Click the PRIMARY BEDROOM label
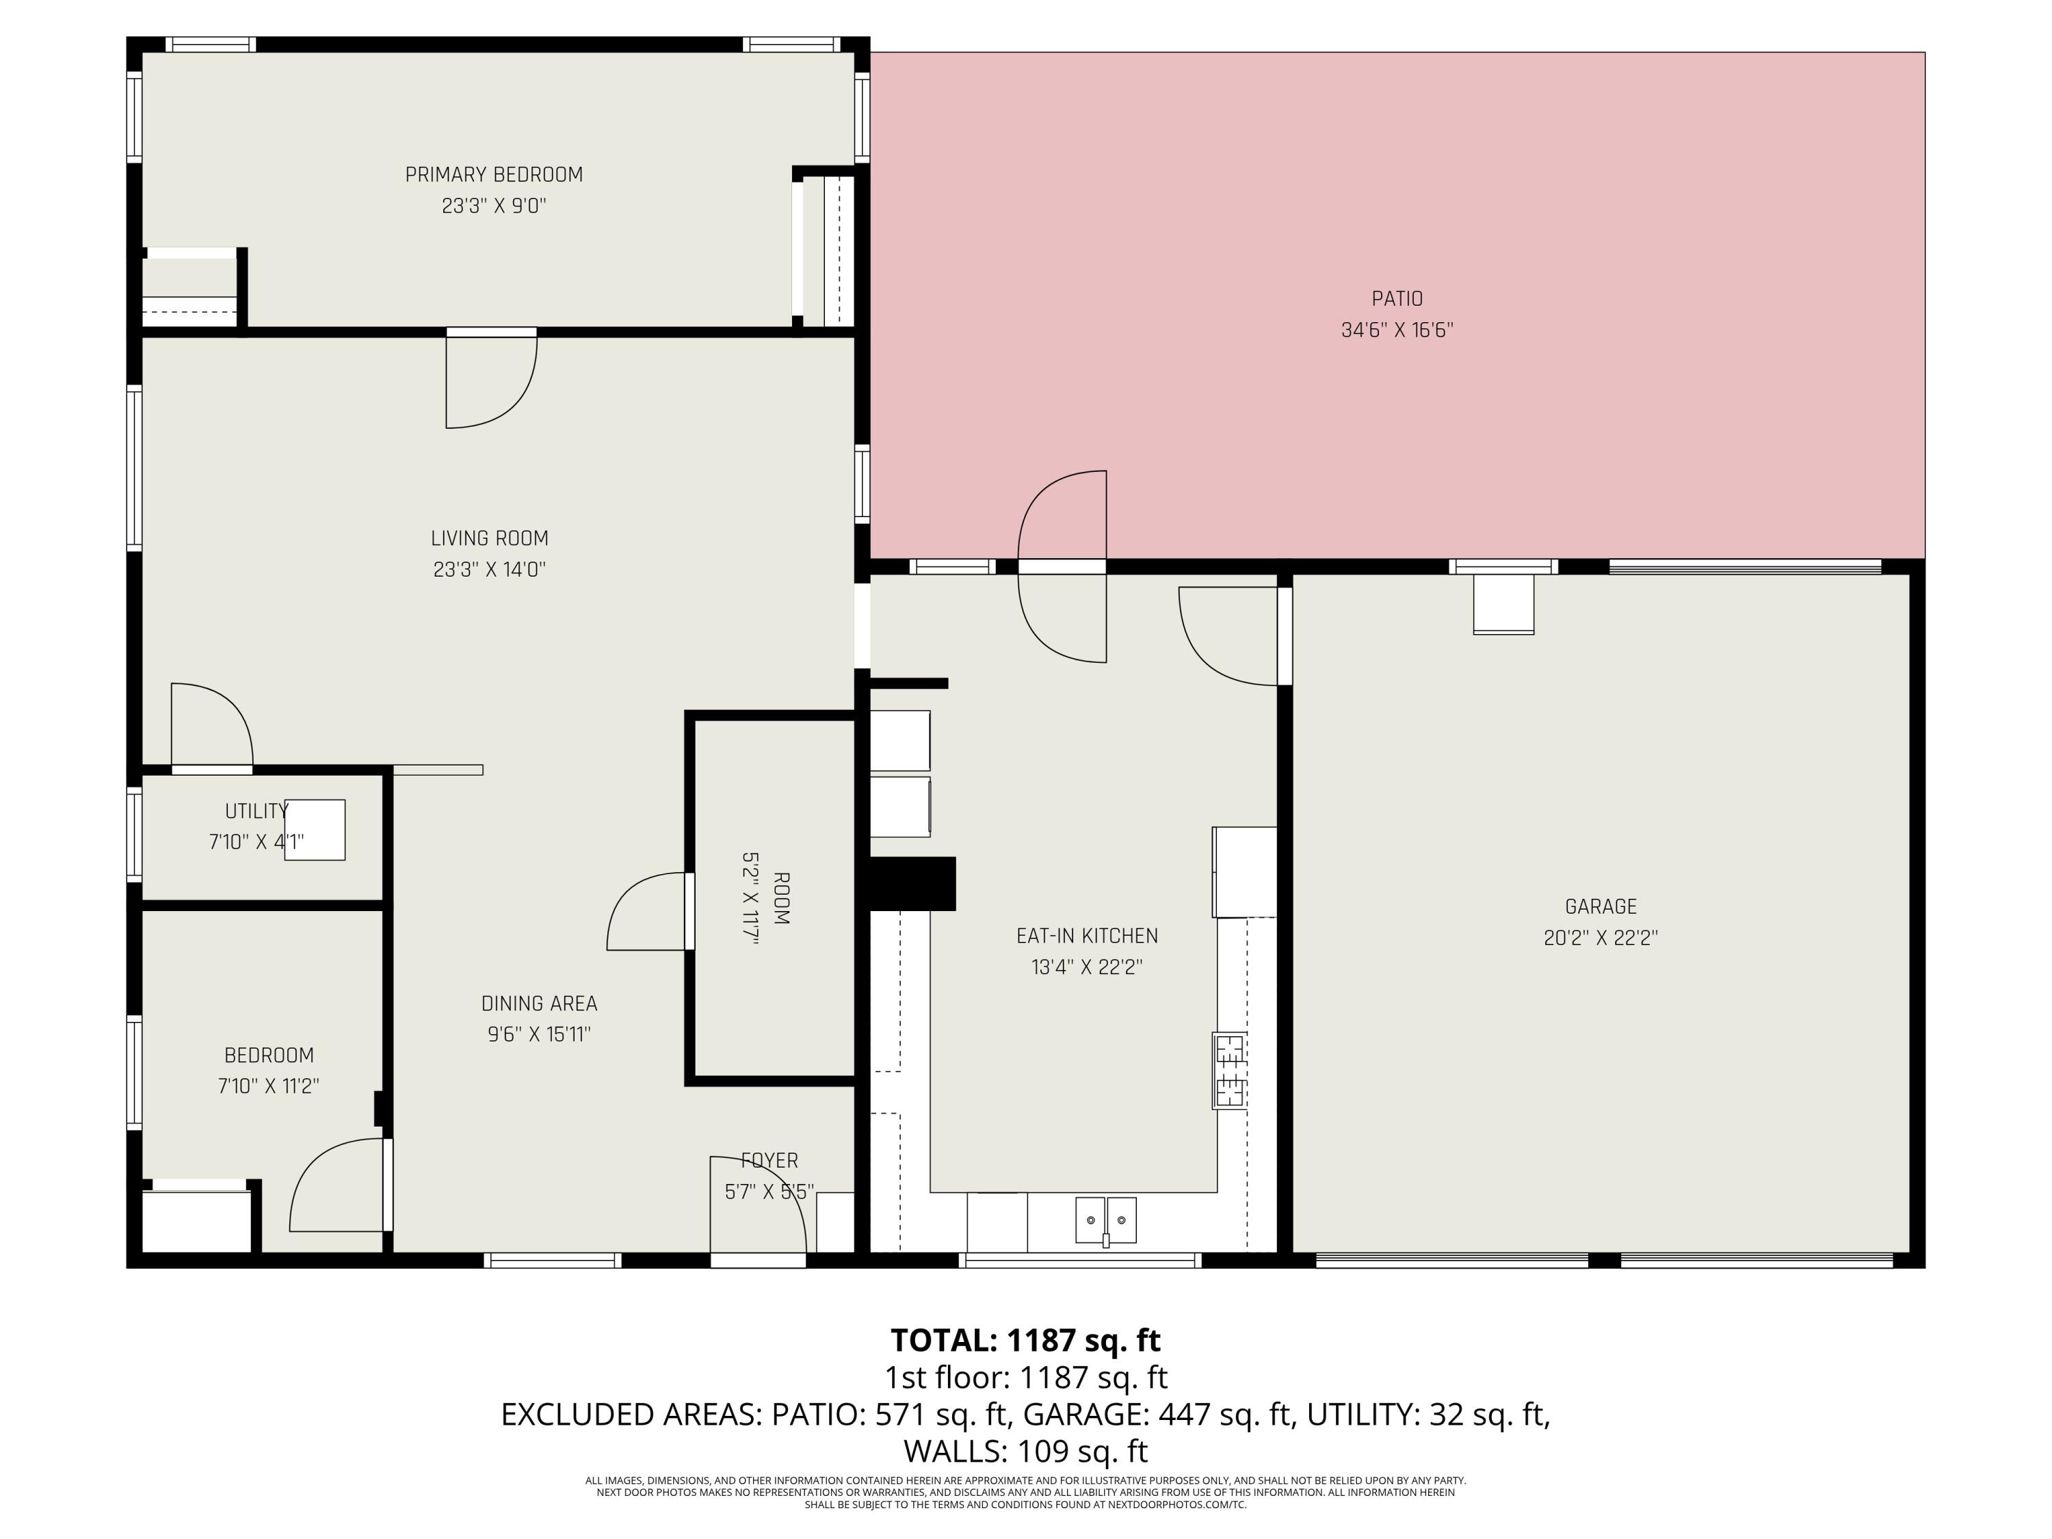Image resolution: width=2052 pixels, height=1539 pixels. pyautogui.click(x=494, y=174)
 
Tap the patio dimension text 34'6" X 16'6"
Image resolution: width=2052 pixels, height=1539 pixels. pyautogui.click(x=1396, y=330)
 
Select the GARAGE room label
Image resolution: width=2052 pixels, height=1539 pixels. pyautogui.click(x=1601, y=906)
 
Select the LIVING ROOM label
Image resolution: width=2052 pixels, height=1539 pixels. pyautogui.click(x=489, y=538)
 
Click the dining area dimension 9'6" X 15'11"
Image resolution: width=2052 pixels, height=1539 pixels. pyautogui.click(x=539, y=1034)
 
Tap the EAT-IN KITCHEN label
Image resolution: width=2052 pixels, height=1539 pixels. pyautogui.click(x=1086, y=936)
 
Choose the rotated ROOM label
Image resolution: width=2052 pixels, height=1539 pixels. pyautogui.click(x=781, y=898)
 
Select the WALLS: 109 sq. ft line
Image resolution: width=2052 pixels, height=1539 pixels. pyautogui.click(x=1025, y=1450)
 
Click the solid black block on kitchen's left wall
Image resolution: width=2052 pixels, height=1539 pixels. pyautogui.click(x=912, y=883)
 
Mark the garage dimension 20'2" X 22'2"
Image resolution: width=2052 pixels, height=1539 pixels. pyautogui.click(x=1601, y=938)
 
